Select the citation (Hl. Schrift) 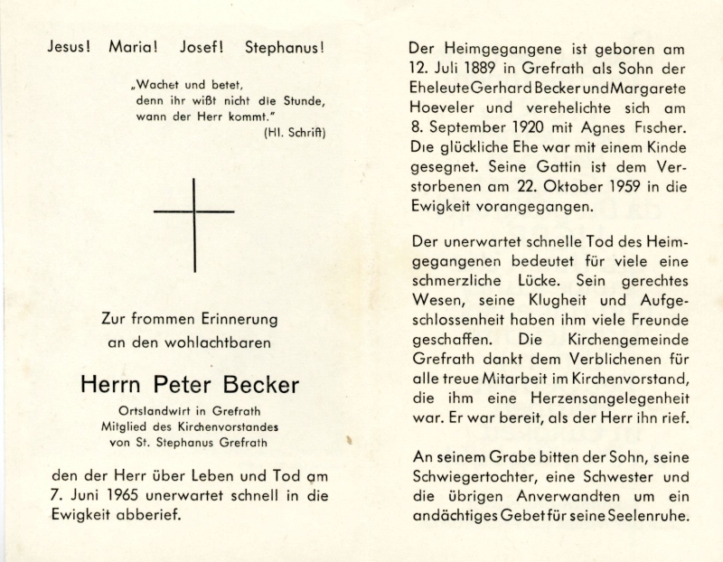(x=295, y=133)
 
